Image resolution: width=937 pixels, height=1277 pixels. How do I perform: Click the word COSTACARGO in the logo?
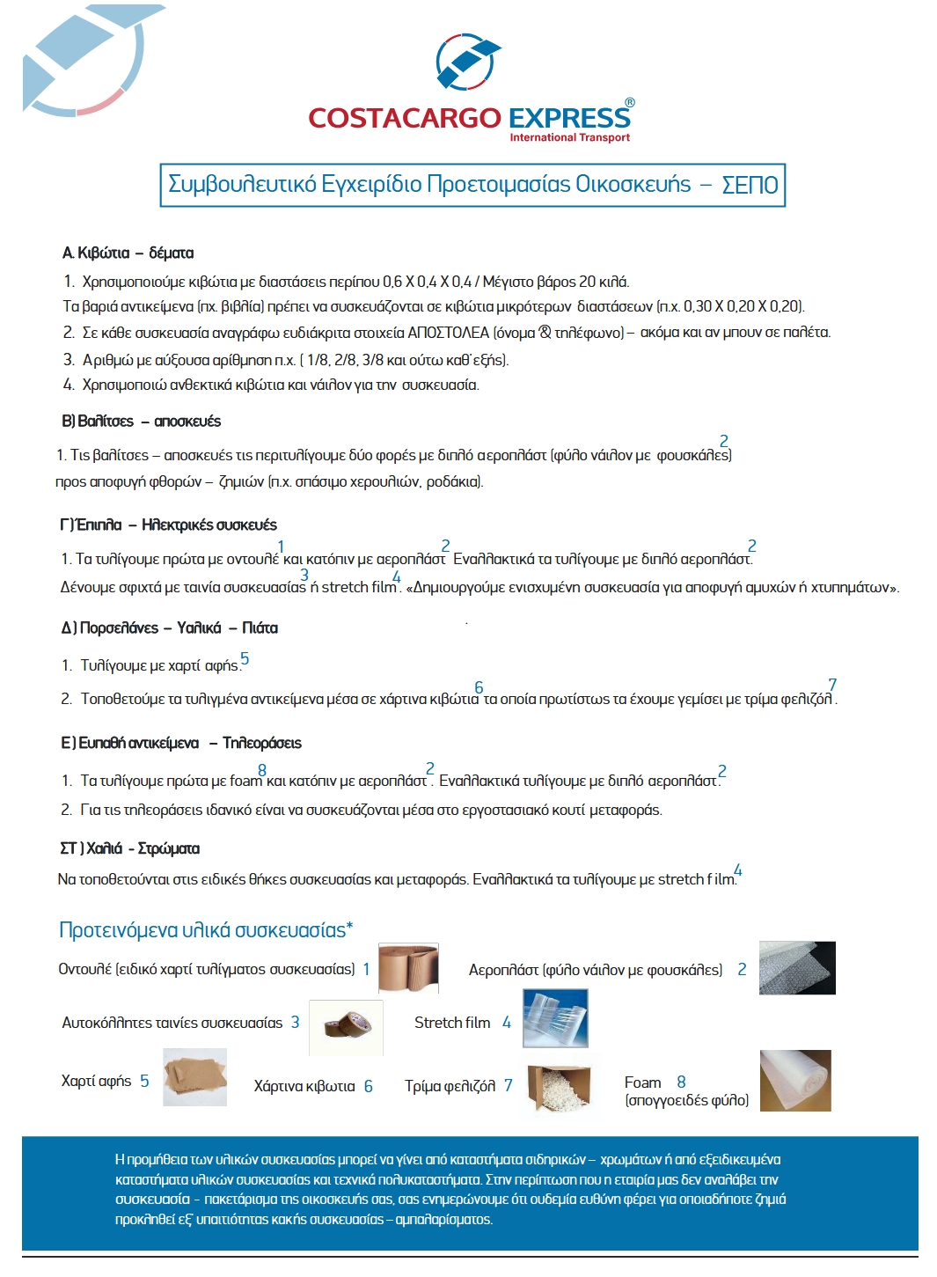point(404,118)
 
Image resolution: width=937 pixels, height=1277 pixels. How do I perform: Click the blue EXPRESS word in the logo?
point(569,118)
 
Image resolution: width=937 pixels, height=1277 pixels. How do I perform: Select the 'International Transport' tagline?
point(569,137)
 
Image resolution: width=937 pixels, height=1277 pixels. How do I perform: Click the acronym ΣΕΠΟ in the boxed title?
point(750,185)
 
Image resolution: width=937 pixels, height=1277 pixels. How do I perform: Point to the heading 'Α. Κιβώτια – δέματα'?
point(128,253)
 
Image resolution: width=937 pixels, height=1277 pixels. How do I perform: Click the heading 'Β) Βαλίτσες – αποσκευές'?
point(142,422)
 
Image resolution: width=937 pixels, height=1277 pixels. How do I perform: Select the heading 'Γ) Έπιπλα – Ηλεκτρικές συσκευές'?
point(169,525)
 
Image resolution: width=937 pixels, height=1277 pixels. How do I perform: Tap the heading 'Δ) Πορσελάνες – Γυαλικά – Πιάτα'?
point(170,628)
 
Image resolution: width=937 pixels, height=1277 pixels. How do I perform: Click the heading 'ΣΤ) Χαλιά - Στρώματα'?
point(130,849)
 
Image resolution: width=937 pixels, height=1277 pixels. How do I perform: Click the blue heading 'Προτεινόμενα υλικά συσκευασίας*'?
point(206,930)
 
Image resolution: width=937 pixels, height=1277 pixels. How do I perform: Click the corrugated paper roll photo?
point(408,969)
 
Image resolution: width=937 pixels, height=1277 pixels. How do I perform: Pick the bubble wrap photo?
point(797,968)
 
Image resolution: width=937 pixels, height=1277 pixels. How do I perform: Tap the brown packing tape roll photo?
point(346,1026)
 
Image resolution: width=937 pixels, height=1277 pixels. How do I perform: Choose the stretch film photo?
point(555,1018)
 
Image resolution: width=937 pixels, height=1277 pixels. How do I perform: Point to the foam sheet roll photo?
point(794,1081)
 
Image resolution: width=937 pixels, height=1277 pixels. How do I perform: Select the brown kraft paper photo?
point(195,1076)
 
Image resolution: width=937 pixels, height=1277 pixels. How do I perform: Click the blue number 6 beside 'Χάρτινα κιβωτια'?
point(368,1087)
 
